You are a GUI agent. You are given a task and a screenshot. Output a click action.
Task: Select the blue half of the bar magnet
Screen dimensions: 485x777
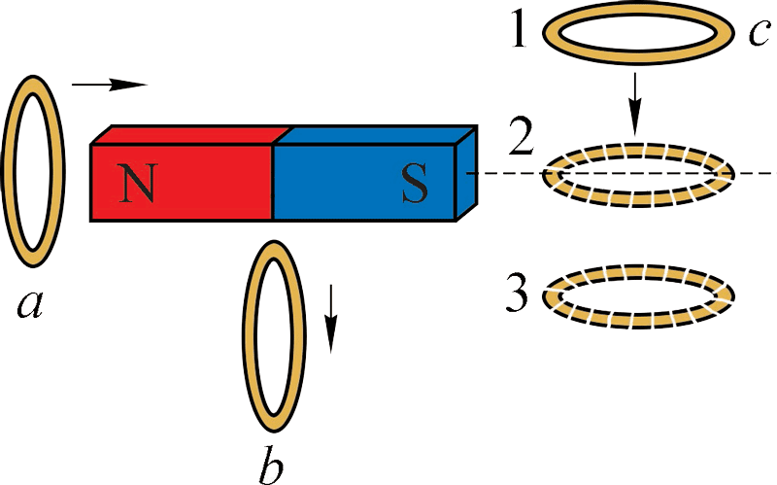point(340,185)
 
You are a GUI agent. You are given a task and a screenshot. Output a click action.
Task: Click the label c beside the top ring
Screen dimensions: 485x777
point(759,33)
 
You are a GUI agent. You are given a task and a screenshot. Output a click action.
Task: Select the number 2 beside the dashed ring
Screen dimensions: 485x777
point(521,142)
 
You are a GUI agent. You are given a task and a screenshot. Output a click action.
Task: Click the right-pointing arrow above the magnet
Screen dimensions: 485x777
point(109,86)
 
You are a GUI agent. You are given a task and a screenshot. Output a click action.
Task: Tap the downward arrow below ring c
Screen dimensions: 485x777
point(634,102)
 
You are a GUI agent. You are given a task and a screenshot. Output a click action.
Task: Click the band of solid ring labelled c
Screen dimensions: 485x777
point(636,13)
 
